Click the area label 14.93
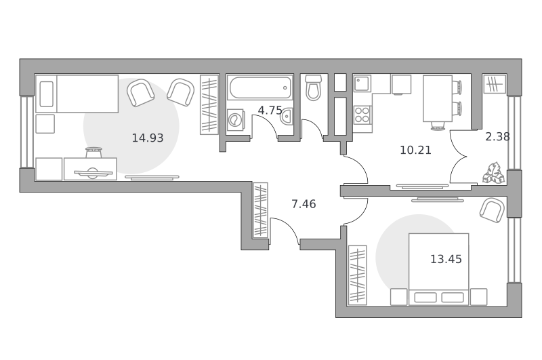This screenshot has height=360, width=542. (x=148, y=138)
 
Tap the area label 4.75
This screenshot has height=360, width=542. (x=270, y=111)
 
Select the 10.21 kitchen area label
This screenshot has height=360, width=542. (x=415, y=150)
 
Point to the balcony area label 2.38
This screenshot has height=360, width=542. (x=497, y=137)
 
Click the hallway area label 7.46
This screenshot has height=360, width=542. (x=304, y=204)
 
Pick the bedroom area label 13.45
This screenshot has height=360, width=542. (x=446, y=259)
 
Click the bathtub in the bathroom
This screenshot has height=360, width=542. (x=260, y=88)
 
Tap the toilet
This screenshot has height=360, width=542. (x=314, y=87)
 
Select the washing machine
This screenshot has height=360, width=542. (x=236, y=120)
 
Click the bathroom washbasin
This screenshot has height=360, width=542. (x=287, y=116)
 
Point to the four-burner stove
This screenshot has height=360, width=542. (x=362, y=115)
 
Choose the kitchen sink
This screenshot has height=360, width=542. (x=362, y=83)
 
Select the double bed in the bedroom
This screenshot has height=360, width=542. (x=438, y=269)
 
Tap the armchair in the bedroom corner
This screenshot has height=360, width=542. (x=492, y=210)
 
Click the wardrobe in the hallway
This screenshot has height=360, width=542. (x=261, y=210)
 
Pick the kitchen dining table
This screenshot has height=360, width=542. (x=438, y=98)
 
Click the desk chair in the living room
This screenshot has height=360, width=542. (x=93, y=153)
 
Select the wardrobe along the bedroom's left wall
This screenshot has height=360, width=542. (x=358, y=275)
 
